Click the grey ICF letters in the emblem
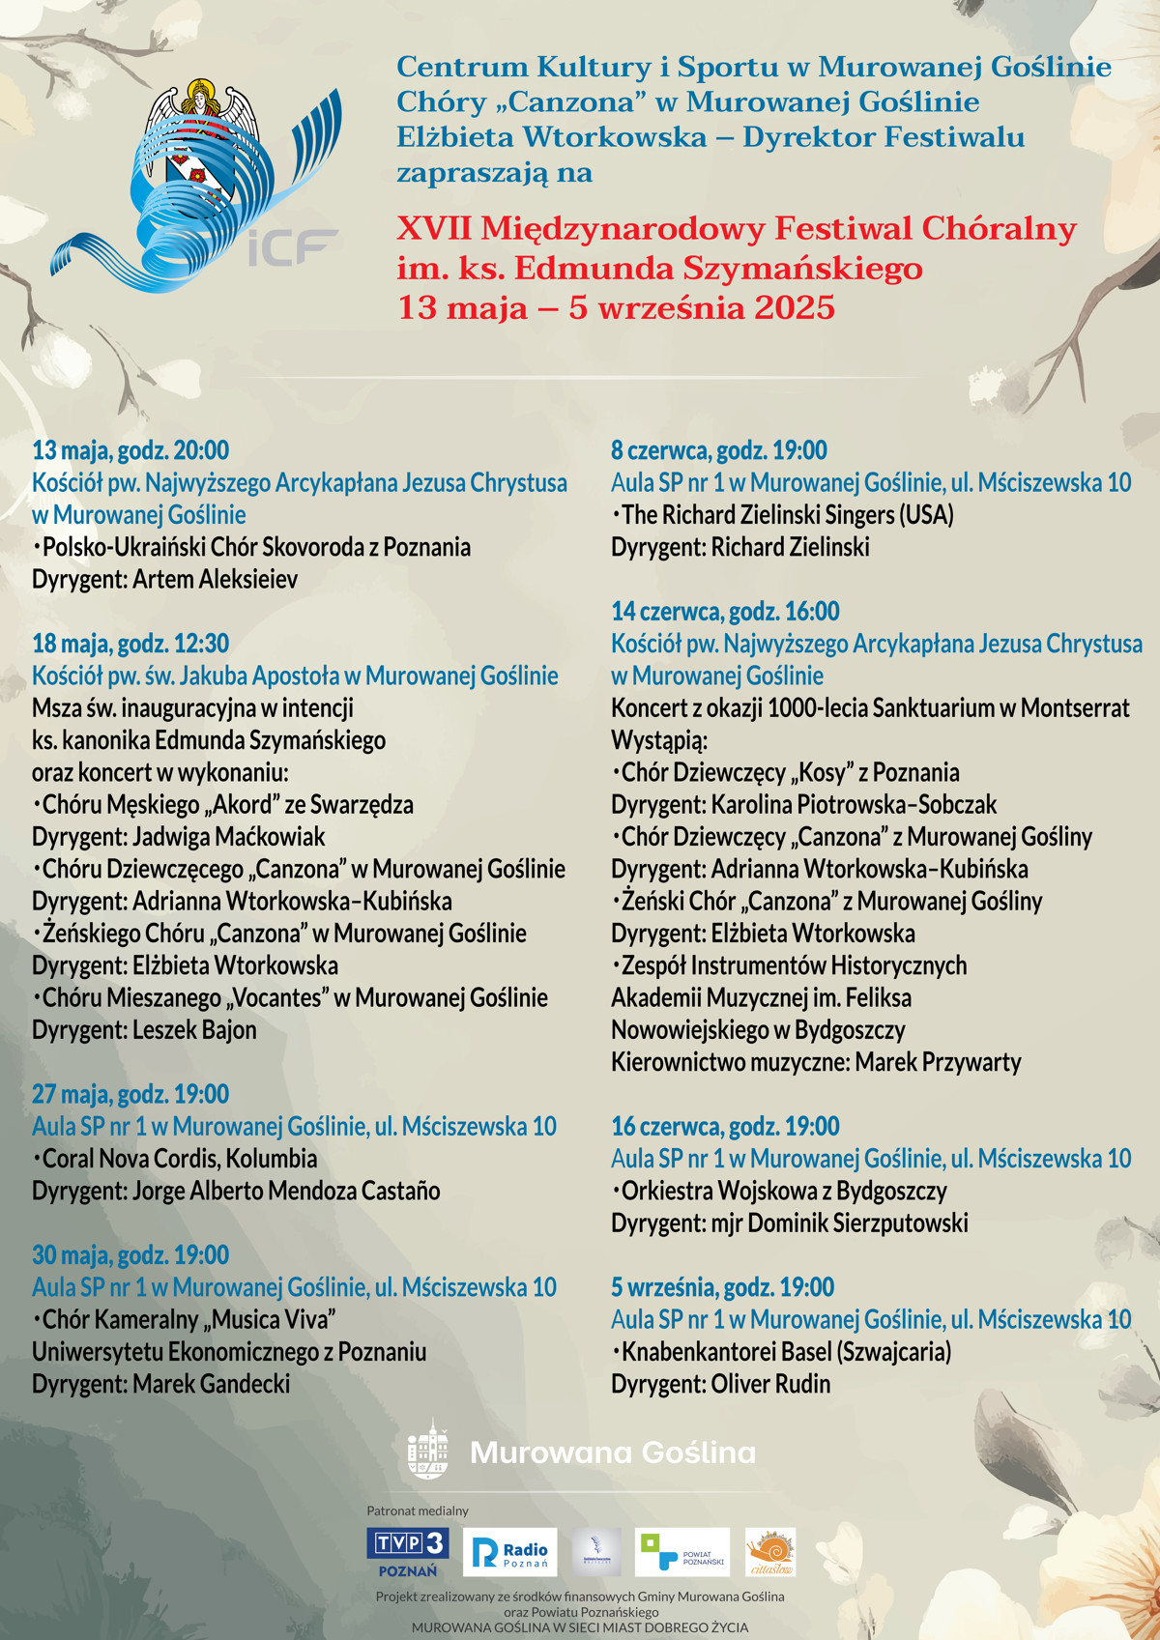[293, 248]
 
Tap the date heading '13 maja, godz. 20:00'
[130, 450]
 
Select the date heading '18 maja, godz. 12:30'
[130, 644]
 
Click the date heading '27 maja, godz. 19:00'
[130, 1094]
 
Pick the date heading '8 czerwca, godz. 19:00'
[718, 450]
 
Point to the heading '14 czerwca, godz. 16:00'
[725, 611]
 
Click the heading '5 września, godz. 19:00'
[722, 1287]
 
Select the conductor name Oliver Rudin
[770, 1384]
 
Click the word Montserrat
[1074, 708]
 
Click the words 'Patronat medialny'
[418, 1511]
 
